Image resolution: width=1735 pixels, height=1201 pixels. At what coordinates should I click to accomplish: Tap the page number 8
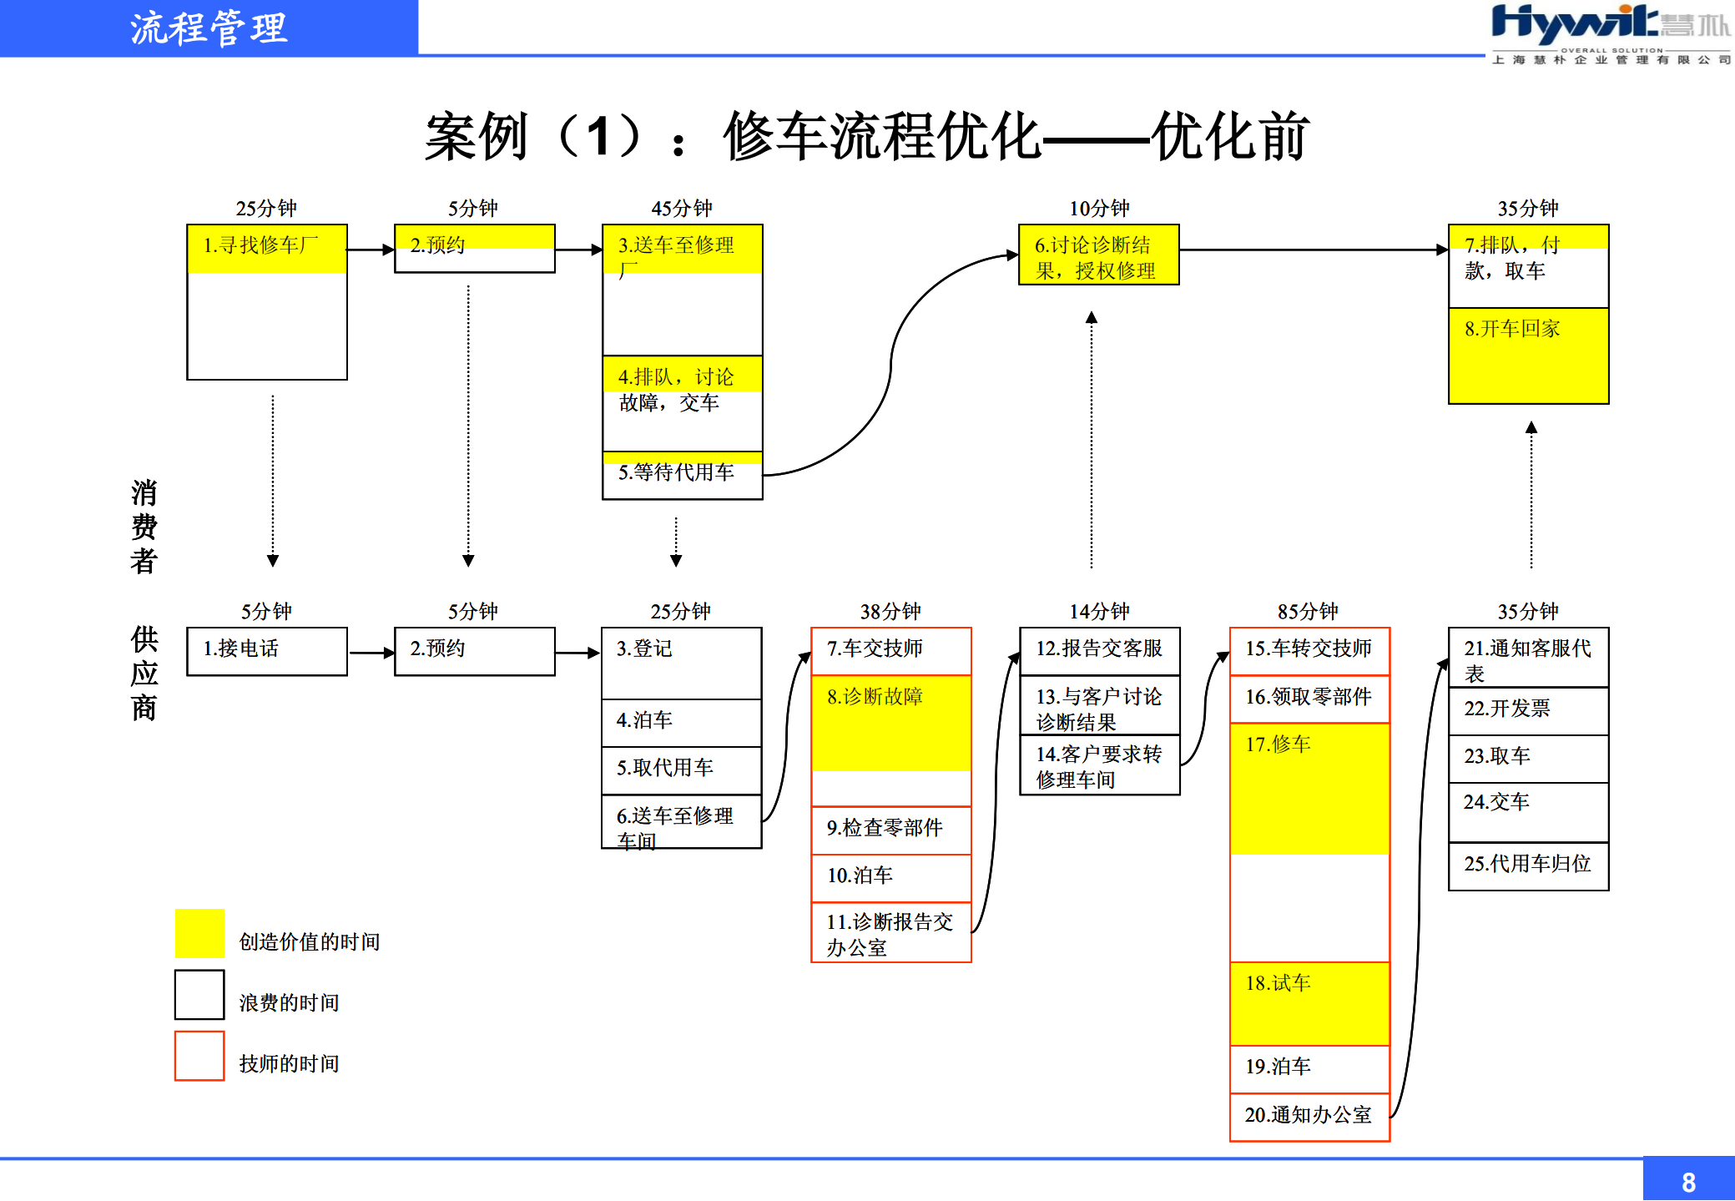[1687, 1182]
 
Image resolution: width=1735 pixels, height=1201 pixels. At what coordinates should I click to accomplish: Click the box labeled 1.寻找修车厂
[266, 300]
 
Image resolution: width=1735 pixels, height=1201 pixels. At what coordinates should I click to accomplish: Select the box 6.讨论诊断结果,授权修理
[1097, 255]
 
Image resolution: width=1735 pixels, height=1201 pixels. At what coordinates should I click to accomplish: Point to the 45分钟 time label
[681, 208]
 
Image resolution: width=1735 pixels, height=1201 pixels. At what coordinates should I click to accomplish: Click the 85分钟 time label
[1307, 611]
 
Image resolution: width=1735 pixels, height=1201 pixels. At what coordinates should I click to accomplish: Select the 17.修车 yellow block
[1309, 789]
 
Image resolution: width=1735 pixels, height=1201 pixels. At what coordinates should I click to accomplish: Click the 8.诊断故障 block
[890, 723]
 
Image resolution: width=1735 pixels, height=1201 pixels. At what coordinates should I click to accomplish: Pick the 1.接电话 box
[266, 651]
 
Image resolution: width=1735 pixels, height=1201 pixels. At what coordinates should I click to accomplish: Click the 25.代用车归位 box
[1527, 865]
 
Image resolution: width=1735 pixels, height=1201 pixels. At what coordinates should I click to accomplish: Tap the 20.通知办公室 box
[1309, 1116]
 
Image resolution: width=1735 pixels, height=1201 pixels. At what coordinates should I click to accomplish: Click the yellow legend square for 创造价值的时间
[199, 933]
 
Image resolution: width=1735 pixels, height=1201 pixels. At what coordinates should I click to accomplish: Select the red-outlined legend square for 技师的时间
[199, 1056]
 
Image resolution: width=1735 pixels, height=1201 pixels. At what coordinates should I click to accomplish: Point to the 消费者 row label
[144, 527]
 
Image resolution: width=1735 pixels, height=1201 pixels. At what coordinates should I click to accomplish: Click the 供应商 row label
[144, 673]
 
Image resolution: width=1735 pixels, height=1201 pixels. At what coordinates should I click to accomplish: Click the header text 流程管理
[209, 28]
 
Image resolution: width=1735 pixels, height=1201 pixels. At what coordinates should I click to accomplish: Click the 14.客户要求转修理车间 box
[1099, 766]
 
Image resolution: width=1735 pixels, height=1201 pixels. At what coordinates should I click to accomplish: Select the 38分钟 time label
[890, 611]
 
